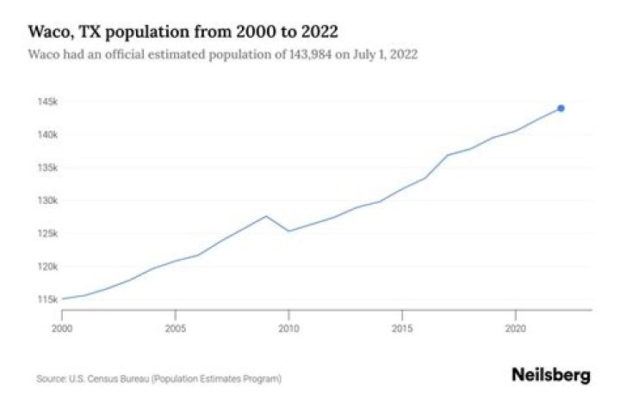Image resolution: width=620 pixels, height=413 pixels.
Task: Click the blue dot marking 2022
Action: [561, 108]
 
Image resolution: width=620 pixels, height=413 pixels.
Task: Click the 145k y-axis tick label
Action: [45, 102]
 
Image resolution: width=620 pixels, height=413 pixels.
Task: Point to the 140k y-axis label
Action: [45, 135]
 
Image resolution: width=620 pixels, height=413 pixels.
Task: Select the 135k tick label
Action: [45, 168]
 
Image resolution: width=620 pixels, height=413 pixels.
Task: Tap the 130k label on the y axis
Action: [45, 200]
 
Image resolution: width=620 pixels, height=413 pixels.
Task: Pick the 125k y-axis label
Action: [45, 233]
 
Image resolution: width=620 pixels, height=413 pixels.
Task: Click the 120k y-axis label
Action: [45, 266]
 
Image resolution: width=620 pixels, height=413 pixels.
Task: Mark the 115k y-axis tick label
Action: [45, 299]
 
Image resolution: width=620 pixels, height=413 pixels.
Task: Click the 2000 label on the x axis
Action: [62, 328]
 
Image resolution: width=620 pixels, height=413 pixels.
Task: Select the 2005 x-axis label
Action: [176, 328]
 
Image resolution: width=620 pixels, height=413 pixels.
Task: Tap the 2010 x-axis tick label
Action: [288, 328]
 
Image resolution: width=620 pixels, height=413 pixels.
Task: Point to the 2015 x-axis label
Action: [402, 328]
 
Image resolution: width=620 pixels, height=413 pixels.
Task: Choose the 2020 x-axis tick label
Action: [515, 328]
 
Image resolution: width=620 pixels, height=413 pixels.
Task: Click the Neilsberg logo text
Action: [551, 375]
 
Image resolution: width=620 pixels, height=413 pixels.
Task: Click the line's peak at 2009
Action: [266, 216]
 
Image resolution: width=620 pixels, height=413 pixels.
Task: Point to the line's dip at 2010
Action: [288, 231]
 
